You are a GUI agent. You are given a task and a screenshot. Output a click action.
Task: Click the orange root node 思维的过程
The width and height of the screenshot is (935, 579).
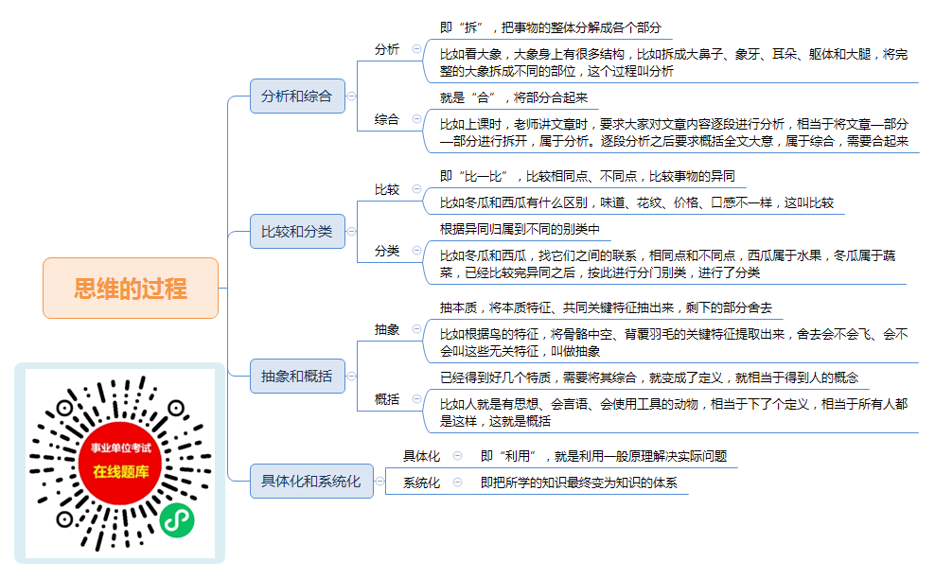[131, 288]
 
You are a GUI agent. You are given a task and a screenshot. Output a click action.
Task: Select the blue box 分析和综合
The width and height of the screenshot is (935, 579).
[297, 96]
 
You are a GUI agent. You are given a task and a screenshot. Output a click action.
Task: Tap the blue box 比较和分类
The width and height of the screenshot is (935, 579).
[297, 232]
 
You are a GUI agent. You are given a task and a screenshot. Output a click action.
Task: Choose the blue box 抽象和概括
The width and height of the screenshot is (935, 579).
[297, 377]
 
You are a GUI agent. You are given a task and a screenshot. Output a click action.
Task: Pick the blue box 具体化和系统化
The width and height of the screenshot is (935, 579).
[311, 482]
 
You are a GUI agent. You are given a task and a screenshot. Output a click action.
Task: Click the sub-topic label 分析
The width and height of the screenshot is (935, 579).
[386, 49]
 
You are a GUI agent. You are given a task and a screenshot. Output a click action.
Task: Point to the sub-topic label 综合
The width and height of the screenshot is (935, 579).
[386, 119]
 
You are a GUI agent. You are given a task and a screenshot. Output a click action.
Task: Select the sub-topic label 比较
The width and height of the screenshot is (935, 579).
[386, 189]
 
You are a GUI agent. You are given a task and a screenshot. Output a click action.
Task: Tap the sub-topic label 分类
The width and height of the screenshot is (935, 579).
[386, 251]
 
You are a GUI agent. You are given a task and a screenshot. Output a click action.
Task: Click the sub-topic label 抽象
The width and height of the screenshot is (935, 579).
[386, 329]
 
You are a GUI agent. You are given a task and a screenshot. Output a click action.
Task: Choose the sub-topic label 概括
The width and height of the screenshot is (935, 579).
[386, 399]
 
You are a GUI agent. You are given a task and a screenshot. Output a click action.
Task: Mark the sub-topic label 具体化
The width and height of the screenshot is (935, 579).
[421, 456]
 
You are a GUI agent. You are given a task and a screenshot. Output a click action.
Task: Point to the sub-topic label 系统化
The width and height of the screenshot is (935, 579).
[421, 482]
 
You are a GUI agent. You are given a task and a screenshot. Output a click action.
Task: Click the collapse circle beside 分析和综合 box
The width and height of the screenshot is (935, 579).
[352, 96]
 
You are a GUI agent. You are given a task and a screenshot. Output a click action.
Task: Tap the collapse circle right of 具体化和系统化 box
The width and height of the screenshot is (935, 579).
[379, 482]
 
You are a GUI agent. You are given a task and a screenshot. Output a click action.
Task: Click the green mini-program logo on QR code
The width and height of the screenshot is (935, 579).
[177, 520]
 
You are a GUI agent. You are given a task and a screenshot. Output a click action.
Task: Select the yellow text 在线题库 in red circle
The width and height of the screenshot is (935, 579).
[121, 472]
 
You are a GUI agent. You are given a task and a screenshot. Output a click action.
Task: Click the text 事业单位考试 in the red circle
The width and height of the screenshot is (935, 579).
[121, 447]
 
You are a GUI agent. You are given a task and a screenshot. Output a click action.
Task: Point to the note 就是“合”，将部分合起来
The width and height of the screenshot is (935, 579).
[514, 97]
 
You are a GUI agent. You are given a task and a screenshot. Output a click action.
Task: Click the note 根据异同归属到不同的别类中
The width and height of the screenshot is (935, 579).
[520, 229]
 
